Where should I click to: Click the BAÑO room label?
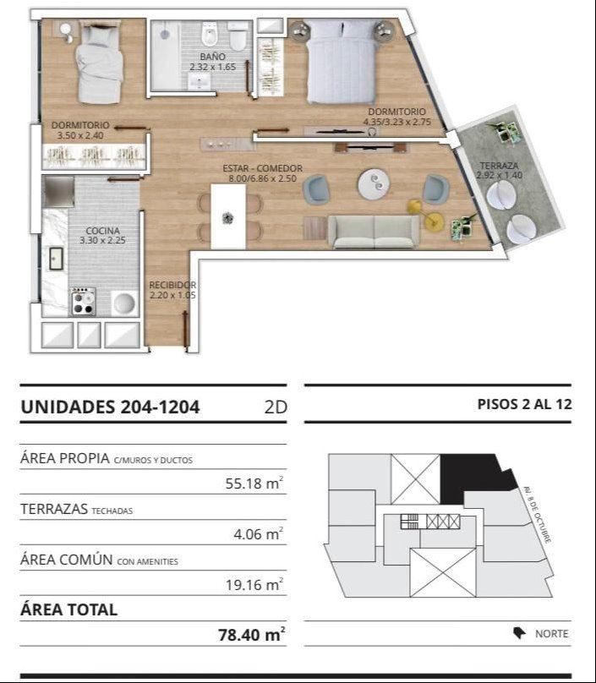(x=212, y=57)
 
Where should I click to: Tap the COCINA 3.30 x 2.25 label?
(x=102, y=235)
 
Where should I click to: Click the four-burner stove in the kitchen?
(x=83, y=301)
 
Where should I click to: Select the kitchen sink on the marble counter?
(x=56, y=259)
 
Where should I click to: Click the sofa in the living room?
(x=374, y=232)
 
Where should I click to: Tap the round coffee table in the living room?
(x=374, y=184)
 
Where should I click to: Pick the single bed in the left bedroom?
(x=99, y=63)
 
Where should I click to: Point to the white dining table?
(x=228, y=216)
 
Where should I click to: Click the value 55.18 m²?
(x=254, y=483)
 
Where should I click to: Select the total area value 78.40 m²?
(x=251, y=634)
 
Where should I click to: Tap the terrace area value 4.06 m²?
(x=259, y=533)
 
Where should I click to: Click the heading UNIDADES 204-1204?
(x=110, y=407)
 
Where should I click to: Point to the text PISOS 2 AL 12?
(x=524, y=404)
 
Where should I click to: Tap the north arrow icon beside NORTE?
(x=519, y=633)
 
